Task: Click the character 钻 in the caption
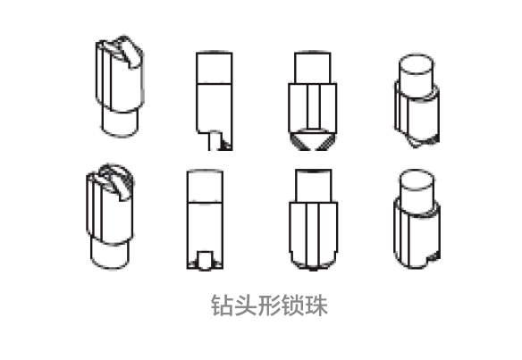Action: [222, 306]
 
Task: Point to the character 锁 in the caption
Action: [292, 306]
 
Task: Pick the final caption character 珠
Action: [316, 306]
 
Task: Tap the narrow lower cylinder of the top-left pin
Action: [120, 123]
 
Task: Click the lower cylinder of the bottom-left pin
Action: [110, 255]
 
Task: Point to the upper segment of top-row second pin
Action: [214, 68]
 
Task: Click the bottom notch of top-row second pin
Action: [215, 141]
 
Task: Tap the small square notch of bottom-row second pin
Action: [205, 260]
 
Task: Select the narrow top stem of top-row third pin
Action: [313, 68]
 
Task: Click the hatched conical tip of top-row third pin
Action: [312, 139]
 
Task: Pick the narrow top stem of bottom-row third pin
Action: [313, 186]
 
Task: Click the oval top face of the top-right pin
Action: [417, 64]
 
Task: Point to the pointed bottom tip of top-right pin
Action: [415, 145]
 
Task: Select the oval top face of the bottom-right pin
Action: [417, 180]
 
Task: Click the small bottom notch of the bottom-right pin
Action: [434, 257]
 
